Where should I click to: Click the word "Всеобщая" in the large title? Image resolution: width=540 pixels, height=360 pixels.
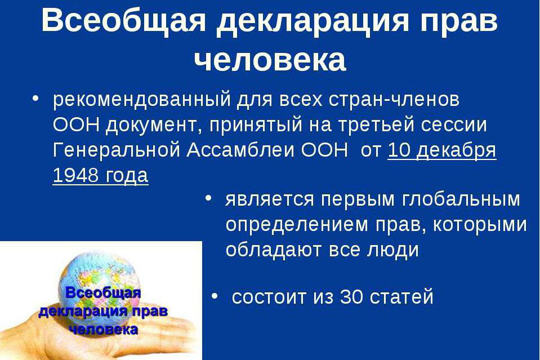tap(124, 21)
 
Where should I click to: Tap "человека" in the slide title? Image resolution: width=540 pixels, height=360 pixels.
tap(270, 59)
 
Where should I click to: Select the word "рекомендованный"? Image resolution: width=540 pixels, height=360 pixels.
tap(141, 100)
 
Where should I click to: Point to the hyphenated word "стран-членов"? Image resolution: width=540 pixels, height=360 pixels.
tap(394, 100)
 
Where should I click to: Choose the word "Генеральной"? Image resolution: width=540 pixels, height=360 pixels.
tap(117, 150)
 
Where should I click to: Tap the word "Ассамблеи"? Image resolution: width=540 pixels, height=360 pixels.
tap(240, 150)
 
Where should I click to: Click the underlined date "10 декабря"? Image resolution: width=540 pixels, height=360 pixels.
tap(442, 151)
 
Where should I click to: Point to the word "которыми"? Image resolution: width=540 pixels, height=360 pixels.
tap(479, 225)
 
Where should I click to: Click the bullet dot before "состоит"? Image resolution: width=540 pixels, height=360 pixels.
tap(215, 296)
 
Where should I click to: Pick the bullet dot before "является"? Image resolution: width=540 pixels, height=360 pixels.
tap(208, 198)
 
